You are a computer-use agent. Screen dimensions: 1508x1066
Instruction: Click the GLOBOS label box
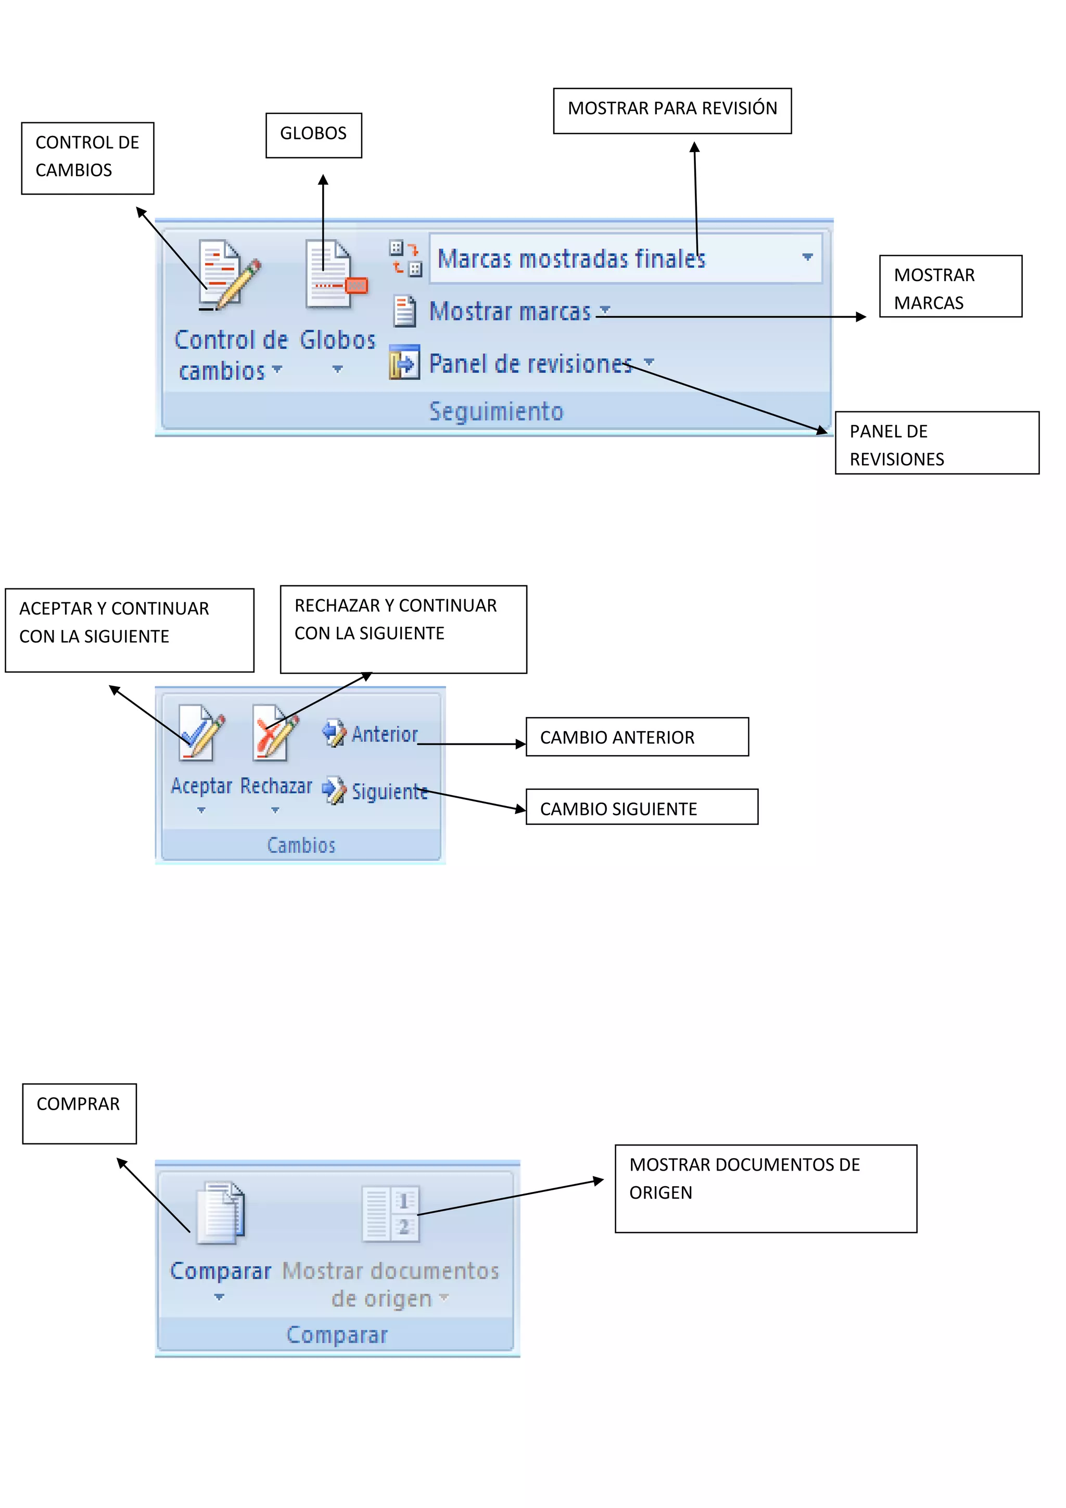[x=313, y=135]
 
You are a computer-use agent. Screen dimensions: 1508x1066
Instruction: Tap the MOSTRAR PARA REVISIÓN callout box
[x=671, y=111]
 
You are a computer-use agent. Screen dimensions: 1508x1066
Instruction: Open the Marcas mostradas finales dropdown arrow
[x=807, y=257]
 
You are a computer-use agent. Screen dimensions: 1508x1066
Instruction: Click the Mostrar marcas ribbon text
[x=510, y=311]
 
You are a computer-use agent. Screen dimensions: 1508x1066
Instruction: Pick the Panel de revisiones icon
[x=404, y=362]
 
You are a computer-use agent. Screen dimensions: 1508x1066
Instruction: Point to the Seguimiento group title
[x=496, y=412]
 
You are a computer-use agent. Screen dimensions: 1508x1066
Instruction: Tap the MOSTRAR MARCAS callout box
[x=950, y=286]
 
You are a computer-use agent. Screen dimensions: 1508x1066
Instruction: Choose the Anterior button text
[x=385, y=734]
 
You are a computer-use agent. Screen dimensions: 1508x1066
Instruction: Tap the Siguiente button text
[x=389, y=792]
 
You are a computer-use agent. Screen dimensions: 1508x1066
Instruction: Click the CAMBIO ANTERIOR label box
[x=637, y=737]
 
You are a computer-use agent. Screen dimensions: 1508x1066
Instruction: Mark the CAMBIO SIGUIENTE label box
[x=641, y=807]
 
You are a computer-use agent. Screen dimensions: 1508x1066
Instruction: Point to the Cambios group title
[x=301, y=845]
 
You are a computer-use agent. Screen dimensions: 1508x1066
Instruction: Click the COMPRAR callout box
[x=80, y=1113]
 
